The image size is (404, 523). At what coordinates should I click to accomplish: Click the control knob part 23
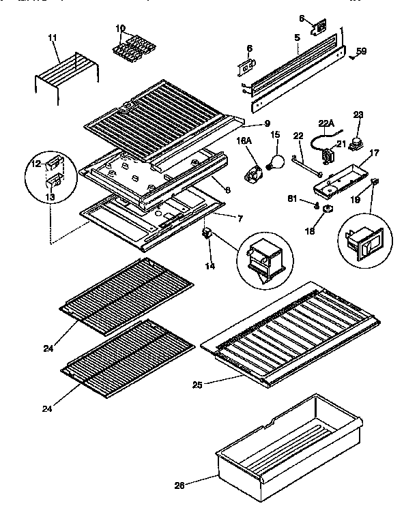coord(355,143)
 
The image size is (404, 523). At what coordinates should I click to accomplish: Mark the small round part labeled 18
coord(328,209)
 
